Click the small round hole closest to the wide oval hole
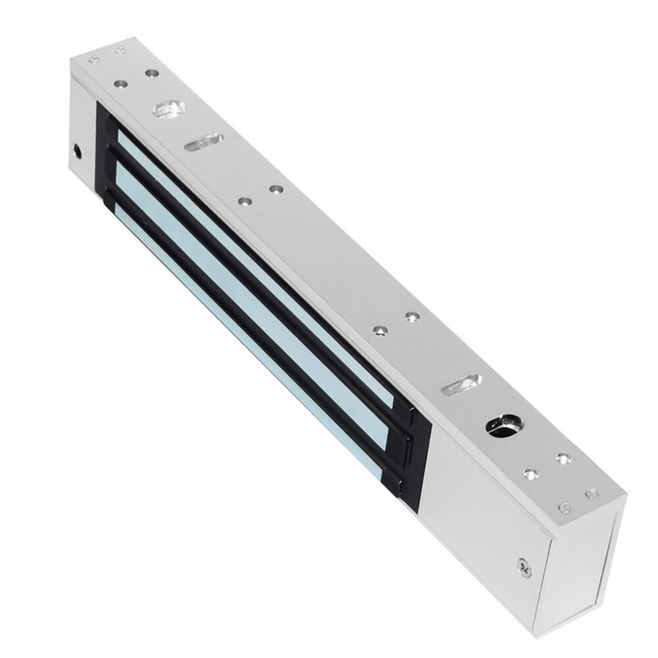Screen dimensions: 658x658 point(151,73)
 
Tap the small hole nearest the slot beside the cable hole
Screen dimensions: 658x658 point(412,318)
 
